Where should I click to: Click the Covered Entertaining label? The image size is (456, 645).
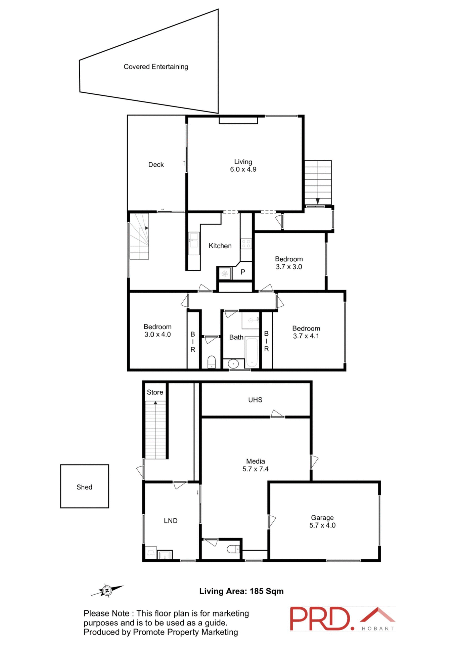(x=156, y=67)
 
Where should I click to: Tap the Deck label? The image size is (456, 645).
(x=156, y=165)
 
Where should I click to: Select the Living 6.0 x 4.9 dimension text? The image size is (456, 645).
(x=243, y=170)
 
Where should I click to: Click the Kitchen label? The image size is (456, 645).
(x=220, y=246)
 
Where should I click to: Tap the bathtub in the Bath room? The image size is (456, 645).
(x=252, y=352)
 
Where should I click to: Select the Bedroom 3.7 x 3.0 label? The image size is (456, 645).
(x=289, y=263)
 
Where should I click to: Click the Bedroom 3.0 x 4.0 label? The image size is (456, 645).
(x=157, y=331)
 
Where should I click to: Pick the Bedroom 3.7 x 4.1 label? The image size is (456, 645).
(x=306, y=332)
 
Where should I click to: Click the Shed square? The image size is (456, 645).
(x=85, y=486)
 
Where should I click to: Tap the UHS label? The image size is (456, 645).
(x=255, y=400)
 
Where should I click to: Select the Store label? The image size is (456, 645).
(x=155, y=392)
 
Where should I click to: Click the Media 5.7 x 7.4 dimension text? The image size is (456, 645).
(x=256, y=469)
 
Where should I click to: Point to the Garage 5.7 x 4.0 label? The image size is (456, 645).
(x=322, y=521)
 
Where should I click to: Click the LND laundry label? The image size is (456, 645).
(x=171, y=521)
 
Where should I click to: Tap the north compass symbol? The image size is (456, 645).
(x=107, y=591)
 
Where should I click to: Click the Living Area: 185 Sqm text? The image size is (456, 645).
(x=241, y=591)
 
